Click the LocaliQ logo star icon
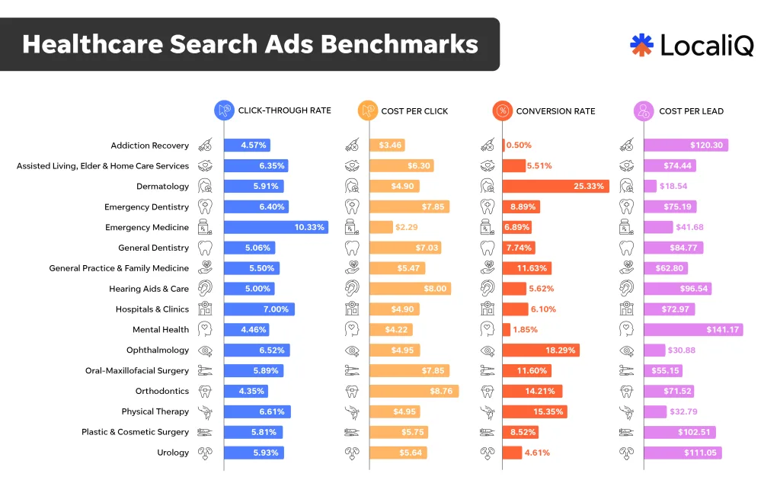(641, 45)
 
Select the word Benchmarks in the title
(398, 44)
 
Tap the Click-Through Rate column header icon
(224, 110)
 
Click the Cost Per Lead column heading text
(691, 111)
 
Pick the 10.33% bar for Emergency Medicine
(276, 227)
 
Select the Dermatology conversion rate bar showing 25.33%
(555, 186)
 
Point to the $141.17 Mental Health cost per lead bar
(692, 330)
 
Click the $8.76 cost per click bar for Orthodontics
(414, 391)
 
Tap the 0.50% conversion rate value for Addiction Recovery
(519, 146)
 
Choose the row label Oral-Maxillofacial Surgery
(137, 371)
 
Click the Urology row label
(173, 453)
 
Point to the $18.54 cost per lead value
(673, 186)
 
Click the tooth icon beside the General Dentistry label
(204, 248)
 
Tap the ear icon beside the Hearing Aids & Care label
(204, 289)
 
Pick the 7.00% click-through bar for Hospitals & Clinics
(259, 309)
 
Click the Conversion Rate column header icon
(502, 110)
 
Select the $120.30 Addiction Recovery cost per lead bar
(686, 145)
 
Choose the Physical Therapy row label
(155, 411)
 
